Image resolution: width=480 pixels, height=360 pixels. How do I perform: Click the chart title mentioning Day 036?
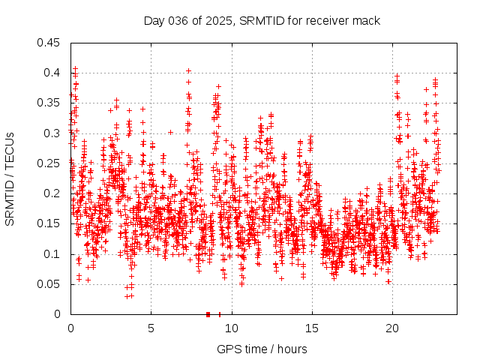pyautogui.click(x=262, y=20)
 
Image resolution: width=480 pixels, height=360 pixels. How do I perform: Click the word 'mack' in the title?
pyautogui.click(x=367, y=20)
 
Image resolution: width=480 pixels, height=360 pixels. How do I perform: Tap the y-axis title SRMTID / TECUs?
pyautogui.click(x=10, y=178)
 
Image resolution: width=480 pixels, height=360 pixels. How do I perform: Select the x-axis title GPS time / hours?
pyautogui.click(x=262, y=349)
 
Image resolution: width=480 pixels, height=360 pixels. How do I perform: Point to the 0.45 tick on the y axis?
pyautogui.click(x=51, y=42)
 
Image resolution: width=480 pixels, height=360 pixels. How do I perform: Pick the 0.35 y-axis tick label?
pyautogui.click(x=51, y=103)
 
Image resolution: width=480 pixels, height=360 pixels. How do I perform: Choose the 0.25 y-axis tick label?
pyautogui.click(x=51, y=163)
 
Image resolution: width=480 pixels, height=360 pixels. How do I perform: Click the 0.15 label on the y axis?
pyautogui.click(x=51, y=223)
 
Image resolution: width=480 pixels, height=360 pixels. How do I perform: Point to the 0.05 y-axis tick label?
pyautogui.click(x=51, y=284)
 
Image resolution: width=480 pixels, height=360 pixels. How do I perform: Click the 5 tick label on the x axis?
pyautogui.click(x=151, y=328)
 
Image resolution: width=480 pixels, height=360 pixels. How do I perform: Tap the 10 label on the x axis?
pyautogui.click(x=232, y=328)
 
